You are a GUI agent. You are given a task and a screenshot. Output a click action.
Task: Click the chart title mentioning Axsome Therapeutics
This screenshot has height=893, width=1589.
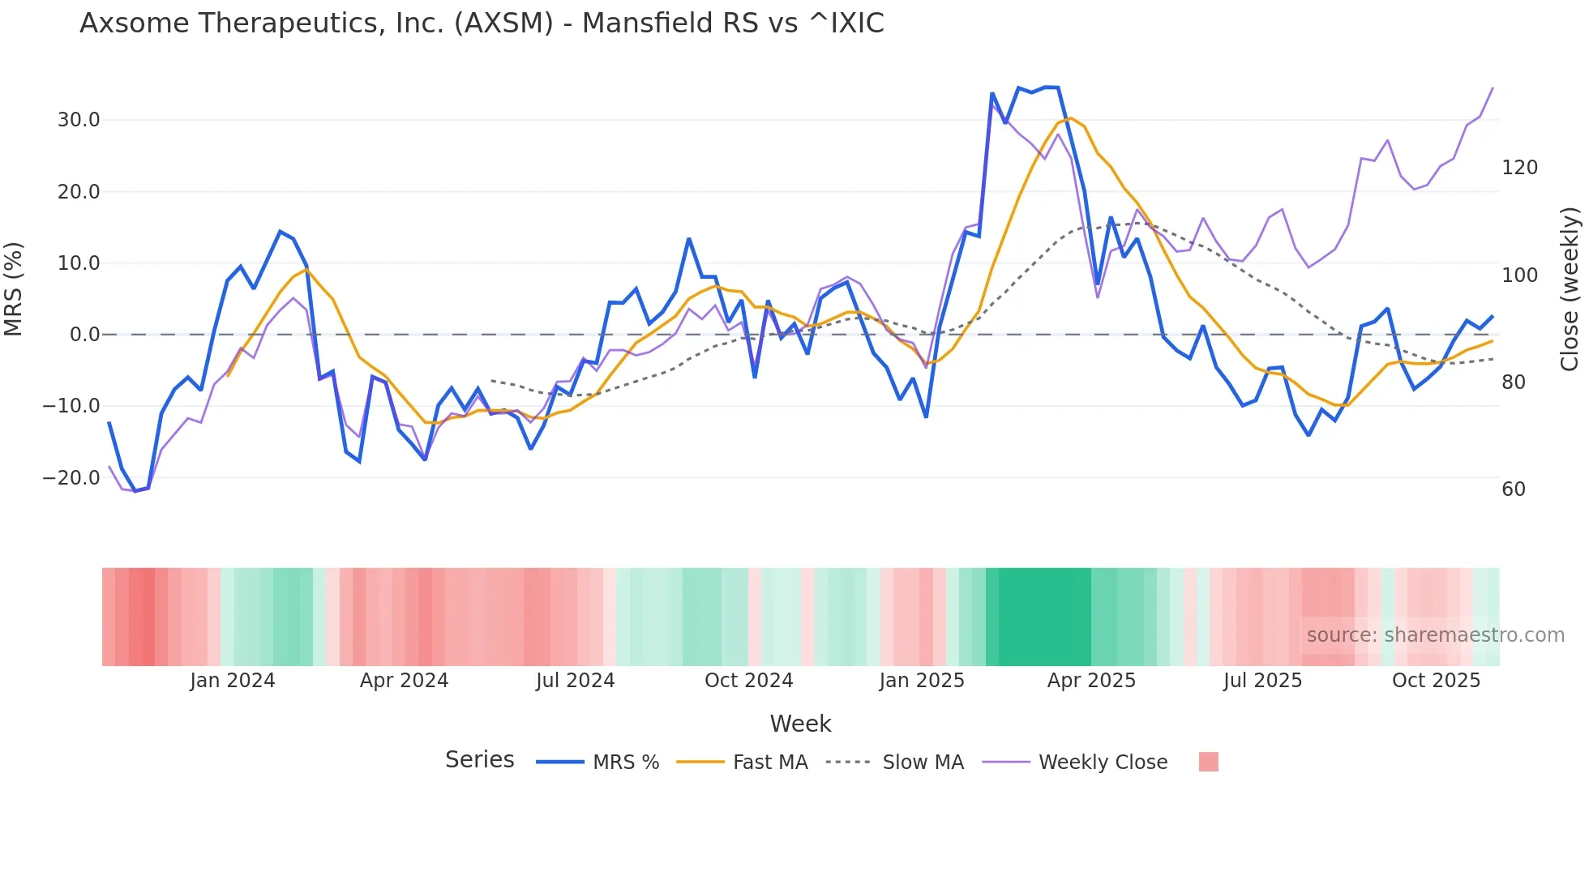pyautogui.click(x=482, y=23)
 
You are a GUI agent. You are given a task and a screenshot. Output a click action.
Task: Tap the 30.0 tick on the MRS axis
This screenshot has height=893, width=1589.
pyautogui.click(x=79, y=120)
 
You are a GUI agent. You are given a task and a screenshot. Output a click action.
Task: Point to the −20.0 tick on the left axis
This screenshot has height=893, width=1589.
pyautogui.click(x=71, y=478)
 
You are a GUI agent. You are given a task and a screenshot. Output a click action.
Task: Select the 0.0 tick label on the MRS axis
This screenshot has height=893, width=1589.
pyautogui.click(x=85, y=335)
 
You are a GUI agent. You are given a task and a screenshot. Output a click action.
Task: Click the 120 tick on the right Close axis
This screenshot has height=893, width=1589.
pyautogui.click(x=1519, y=168)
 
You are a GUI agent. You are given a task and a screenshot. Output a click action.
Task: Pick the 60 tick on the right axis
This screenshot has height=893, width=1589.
pyautogui.click(x=1514, y=489)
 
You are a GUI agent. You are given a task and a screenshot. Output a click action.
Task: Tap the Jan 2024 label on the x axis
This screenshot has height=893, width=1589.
pyautogui.click(x=233, y=681)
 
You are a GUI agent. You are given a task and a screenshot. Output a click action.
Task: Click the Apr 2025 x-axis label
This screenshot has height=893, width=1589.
pyautogui.click(x=1091, y=681)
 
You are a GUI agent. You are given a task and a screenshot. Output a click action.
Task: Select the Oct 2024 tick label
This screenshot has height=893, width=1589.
pyautogui.click(x=748, y=681)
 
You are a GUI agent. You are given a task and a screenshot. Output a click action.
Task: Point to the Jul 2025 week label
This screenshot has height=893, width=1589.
pyautogui.click(x=1262, y=681)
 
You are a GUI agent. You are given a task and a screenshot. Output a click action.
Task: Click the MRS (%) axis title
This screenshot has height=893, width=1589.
pyautogui.click(x=14, y=288)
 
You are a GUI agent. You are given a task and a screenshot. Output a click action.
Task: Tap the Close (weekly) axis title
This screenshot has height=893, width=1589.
pyautogui.click(x=1570, y=288)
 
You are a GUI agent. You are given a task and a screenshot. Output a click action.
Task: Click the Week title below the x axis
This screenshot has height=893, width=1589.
pyautogui.click(x=800, y=724)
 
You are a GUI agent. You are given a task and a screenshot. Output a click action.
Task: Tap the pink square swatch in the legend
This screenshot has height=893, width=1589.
pyautogui.click(x=1208, y=762)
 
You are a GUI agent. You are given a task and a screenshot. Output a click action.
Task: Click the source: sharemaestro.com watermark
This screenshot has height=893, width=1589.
pyautogui.click(x=1435, y=635)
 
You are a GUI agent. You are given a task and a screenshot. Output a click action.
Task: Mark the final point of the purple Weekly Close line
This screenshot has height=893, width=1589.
pyautogui.click(x=1493, y=88)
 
